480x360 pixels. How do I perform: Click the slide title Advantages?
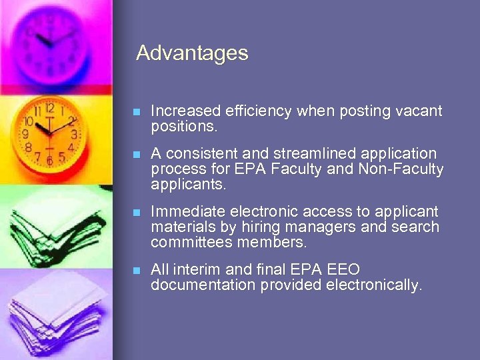click(x=192, y=53)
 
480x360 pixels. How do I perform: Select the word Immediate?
click(x=188, y=211)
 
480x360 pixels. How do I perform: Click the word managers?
click(x=324, y=227)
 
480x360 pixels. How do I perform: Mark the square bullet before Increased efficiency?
click(x=137, y=112)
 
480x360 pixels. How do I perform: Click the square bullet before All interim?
click(x=137, y=271)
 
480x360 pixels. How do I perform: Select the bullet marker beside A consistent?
click(x=137, y=155)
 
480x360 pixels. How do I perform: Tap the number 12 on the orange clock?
click(x=49, y=108)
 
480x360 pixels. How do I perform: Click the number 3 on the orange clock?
click(x=74, y=134)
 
